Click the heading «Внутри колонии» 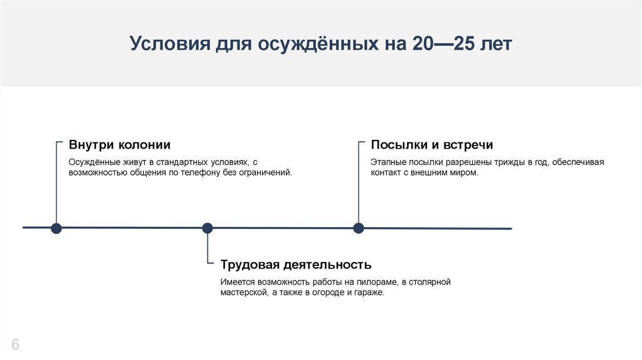[119, 145]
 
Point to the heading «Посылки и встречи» [432, 145]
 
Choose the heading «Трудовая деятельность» [296, 265]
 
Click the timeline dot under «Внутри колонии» [56, 228]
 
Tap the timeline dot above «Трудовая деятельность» [208, 228]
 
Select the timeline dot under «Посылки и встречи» [359, 228]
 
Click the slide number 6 [15, 344]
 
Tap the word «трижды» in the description [512, 162]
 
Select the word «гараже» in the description [367, 293]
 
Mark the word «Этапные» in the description [389, 162]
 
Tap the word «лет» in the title [497, 44]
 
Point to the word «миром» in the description [463, 172]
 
